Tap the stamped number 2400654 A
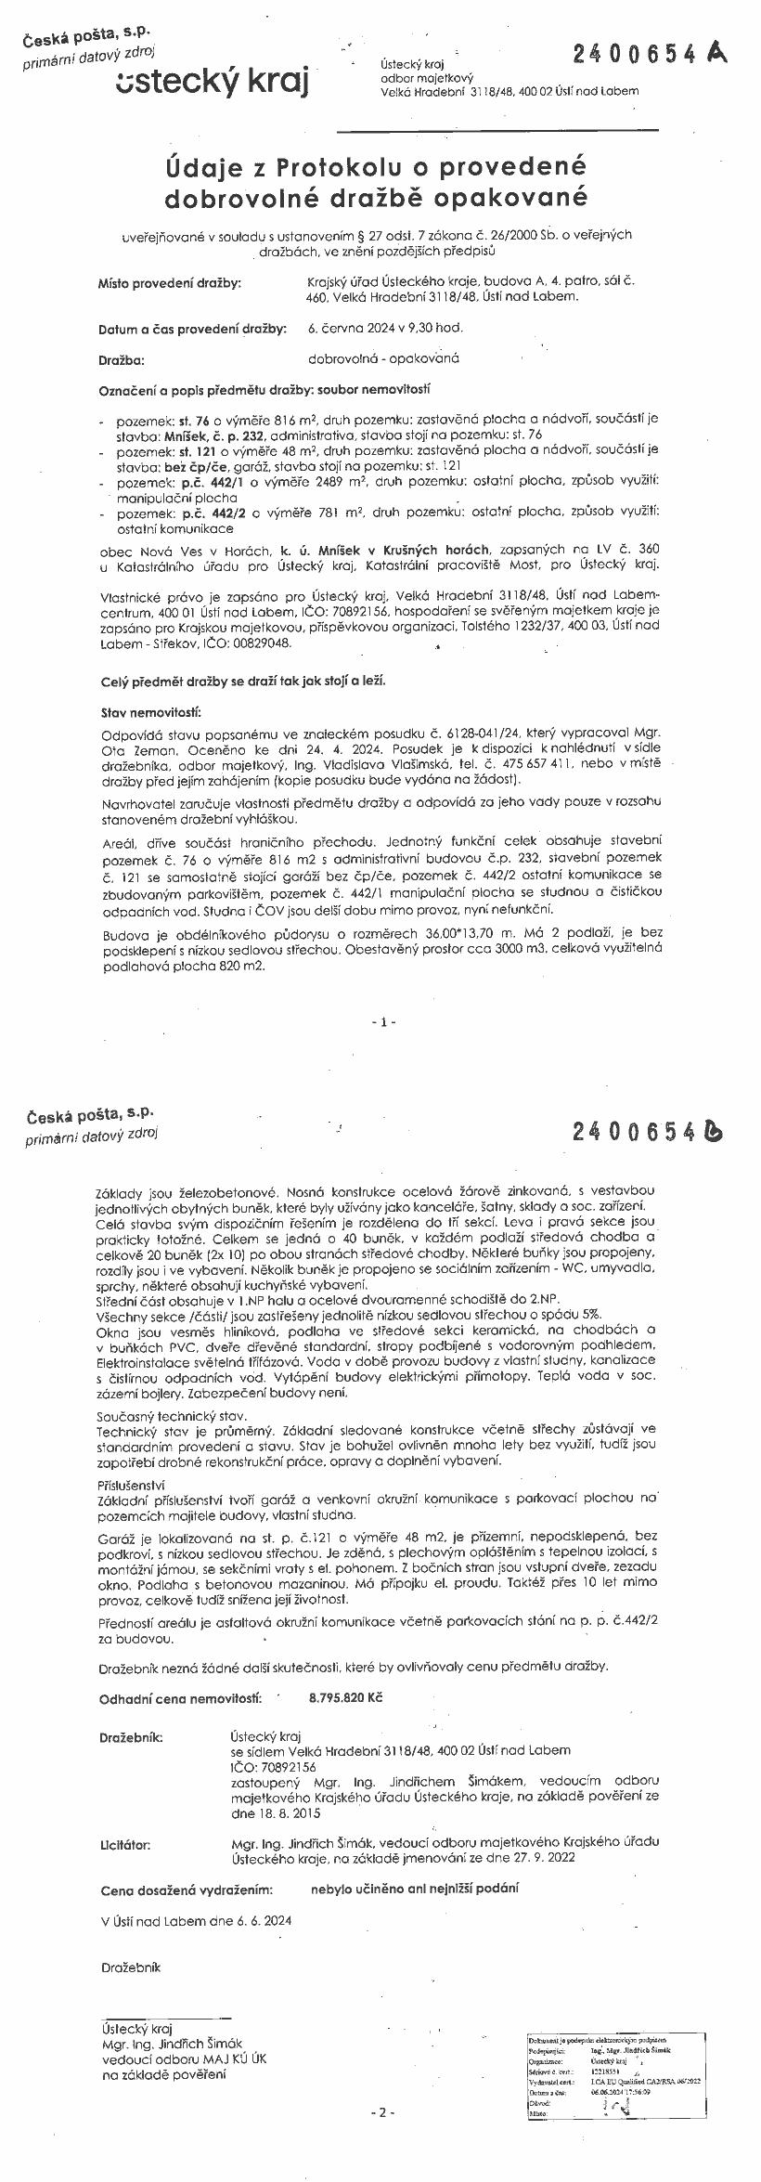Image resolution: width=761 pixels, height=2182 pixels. [x=649, y=55]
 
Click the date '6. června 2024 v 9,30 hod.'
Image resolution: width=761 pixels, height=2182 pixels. [x=385, y=328]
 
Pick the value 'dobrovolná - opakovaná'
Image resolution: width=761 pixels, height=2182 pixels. [x=383, y=358]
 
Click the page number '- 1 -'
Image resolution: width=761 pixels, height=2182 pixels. [x=383, y=1021]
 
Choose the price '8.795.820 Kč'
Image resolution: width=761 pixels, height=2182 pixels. [x=345, y=1697]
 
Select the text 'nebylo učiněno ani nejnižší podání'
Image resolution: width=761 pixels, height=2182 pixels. [x=415, y=1888]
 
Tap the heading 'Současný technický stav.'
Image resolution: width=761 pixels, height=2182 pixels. [x=159, y=1417]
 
